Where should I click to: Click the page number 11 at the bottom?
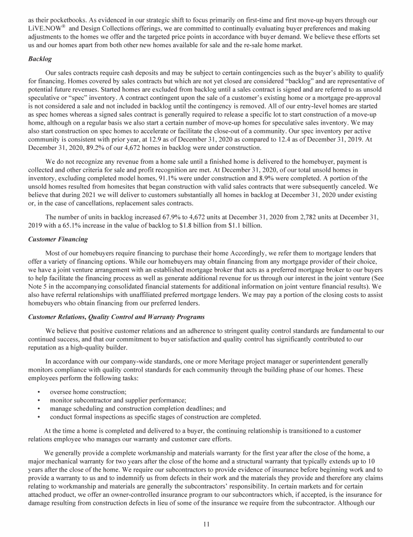[206, 525]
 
